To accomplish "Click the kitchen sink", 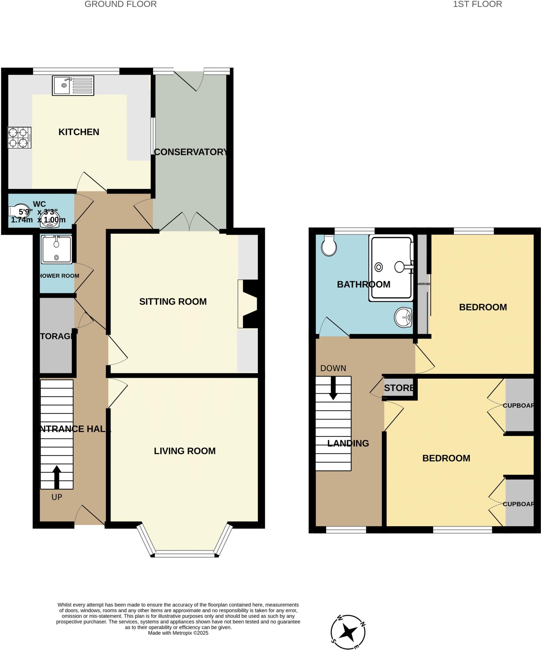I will pyautogui.click(x=73, y=85).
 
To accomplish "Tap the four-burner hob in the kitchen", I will pyautogui.click(x=19, y=138).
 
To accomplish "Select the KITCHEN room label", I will pyautogui.click(x=79, y=132).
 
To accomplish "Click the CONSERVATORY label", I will pyautogui.click(x=191, y=152).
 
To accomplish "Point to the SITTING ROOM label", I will pyautogui.click(x=173, y=302).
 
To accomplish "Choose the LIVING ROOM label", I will pyautogui.click(x=185, y=451).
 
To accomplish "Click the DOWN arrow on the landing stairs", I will pyautogui.click(x=333, y=388).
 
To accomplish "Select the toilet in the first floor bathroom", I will pyautogui.click(x=329, y=246).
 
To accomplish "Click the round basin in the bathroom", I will pyautogui.click(x=403, y=317).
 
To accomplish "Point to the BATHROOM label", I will pyautogui.click(x=364, y=284).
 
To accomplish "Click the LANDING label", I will pyautogui.click(x=348, y=443).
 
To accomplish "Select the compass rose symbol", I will pyautogui.click(x=348, y=632).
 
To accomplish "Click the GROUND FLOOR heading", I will pyautogui.click(x=121, y=4).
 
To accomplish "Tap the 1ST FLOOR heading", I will pyautogui.click(x=478, y=4).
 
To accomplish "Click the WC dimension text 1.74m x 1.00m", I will pyautogui.click(x=38, y=220).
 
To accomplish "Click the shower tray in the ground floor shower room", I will pyautogui.click(x=56, y=249).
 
